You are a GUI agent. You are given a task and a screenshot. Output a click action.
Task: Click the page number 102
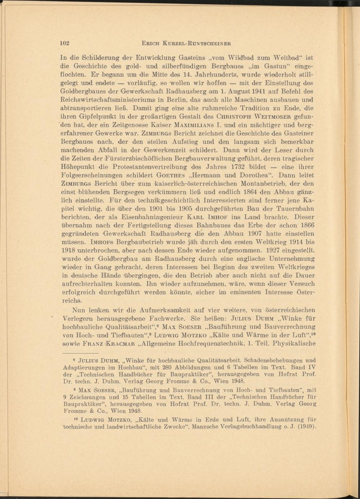(x=65, y=43)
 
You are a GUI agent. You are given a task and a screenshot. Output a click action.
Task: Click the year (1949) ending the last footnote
(x=304, y=427)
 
